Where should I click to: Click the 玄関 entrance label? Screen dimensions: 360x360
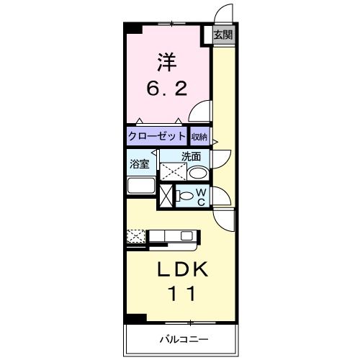(223, 35)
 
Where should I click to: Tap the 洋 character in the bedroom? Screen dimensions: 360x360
(167, 62)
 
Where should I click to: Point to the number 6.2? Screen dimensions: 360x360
(167, 89)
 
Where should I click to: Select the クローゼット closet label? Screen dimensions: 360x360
(157, 136)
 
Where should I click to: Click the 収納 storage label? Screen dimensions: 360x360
(199, 137)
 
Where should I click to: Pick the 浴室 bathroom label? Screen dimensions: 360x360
(140, 164)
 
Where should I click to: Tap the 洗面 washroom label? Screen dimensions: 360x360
(191, 157)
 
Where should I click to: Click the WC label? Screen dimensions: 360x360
(201, 197)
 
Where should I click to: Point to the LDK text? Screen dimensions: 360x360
(182, 269)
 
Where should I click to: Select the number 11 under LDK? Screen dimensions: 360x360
(181, 294)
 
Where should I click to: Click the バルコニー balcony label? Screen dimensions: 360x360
(184, 339)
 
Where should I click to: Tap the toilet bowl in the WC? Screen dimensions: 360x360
(185, 196)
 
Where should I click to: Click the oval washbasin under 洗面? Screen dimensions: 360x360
(198, 173)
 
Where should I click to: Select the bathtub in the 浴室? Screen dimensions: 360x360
(141, 185)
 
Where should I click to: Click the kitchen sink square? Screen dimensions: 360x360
(186, 236)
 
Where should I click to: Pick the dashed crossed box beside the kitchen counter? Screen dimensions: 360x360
(136, 236)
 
